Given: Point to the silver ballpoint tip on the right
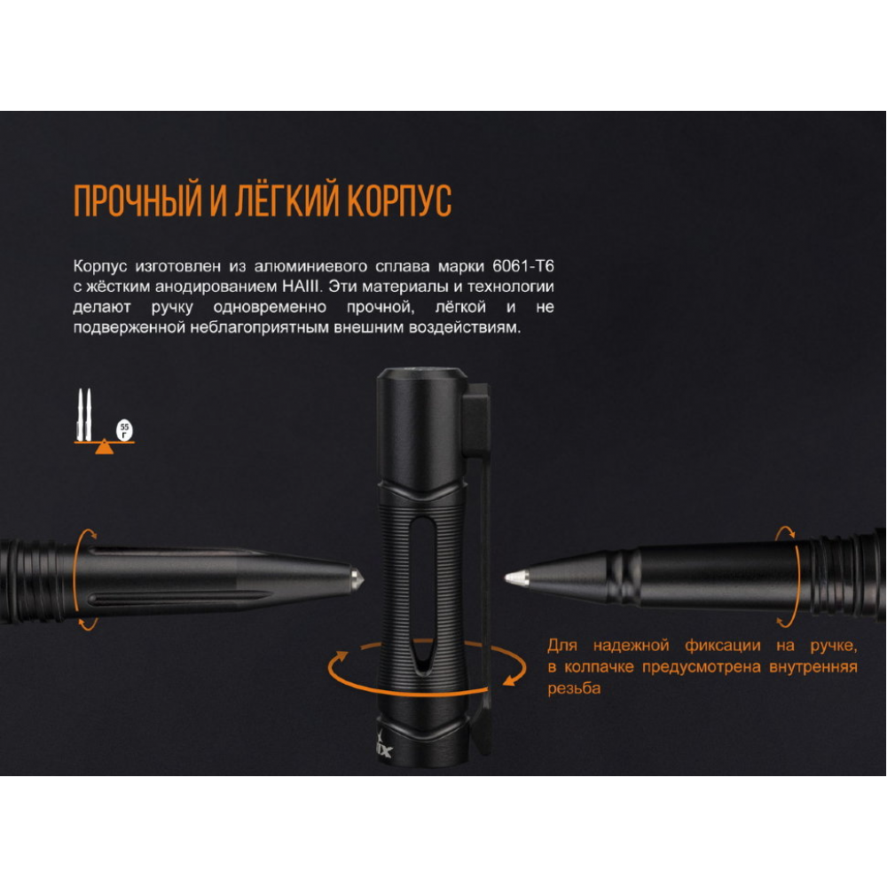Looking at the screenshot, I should pos(513,577).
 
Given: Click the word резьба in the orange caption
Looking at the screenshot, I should pos(574,688).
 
